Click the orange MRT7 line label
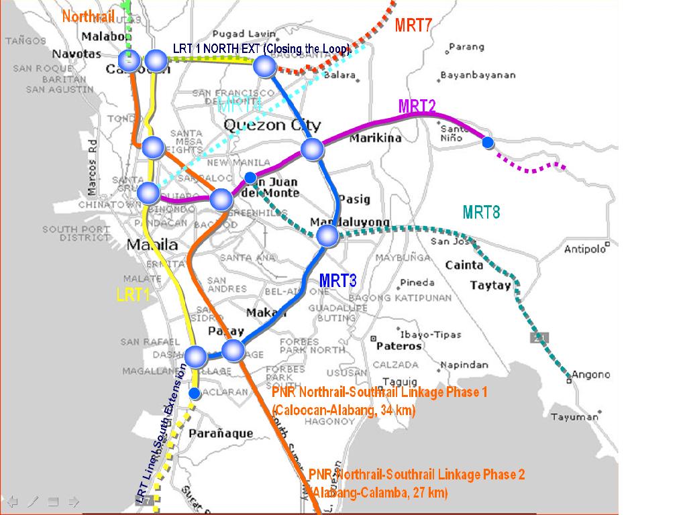pos(413,25)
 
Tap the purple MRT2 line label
pos(417,106)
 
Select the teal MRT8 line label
pos(481,213)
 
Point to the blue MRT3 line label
pos(337,280)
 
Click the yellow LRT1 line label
pos(133,294)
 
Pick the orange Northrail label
pos(88,16)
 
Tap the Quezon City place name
pos(272,125)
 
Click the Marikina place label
pos(375,138)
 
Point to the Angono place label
pos(590,374)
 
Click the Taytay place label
pos(490,285)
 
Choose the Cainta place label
pos(464,265)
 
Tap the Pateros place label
pos(399,346)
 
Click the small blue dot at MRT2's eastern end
pos(488,142)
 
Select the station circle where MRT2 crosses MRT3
pos(312,149)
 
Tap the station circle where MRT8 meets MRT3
pos(327,235)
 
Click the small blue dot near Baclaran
pos(194,393)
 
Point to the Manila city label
pos(153,244)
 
